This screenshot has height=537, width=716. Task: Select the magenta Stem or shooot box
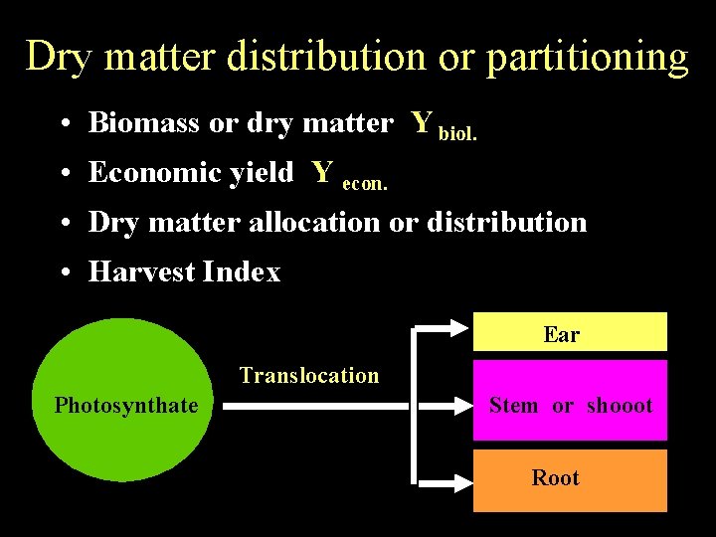(569, 401)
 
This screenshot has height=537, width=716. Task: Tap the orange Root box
(569, 480)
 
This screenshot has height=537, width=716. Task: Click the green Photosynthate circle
(125, 401)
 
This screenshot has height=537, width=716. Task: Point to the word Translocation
(309, 376)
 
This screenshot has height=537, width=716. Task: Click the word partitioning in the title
(587, 57)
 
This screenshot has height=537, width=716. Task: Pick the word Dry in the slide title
(59, 57)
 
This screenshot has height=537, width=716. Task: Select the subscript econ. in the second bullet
(364, 183)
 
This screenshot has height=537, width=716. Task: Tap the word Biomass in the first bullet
(144, 123)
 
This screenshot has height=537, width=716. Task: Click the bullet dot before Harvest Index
(63, 273)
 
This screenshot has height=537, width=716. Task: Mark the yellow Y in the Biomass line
(422, 122)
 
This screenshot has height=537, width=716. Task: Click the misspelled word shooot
(619, 406)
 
